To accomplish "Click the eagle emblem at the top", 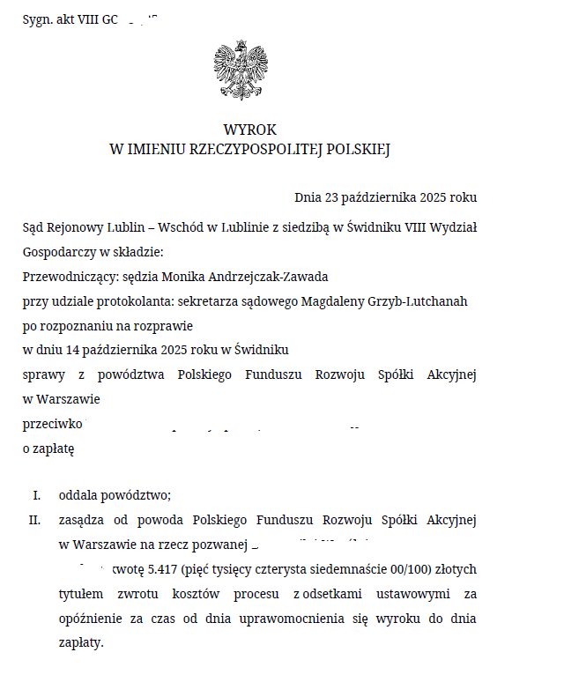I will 241,70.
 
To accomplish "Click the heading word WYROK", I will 249,130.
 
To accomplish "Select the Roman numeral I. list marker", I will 36,495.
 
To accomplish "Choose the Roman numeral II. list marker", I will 34,520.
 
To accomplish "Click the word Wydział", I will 455,227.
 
